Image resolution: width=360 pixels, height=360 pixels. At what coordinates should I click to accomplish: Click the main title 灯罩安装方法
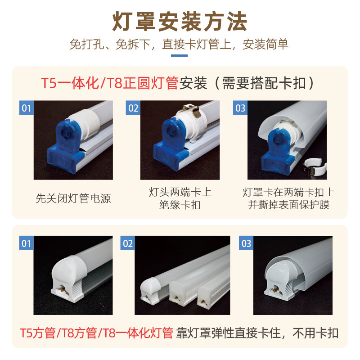click(x=180, y=21)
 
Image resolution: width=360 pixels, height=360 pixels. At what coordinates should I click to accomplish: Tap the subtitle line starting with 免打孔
click(x=180, y=45)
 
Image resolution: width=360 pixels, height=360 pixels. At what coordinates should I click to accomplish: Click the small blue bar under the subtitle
click(x=180, y=56)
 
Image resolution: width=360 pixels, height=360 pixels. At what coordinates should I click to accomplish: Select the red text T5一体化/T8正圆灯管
click(x=110, y=83)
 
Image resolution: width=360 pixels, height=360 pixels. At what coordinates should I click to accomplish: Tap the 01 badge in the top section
click(x=27, y=108)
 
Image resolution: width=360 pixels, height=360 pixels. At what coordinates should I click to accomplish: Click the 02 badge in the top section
click(x=133, y=108)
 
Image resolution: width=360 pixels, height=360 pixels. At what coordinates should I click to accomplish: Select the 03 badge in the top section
click(x=240, y=108)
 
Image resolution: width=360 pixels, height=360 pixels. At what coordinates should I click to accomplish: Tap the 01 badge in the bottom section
click(x=27, y=243)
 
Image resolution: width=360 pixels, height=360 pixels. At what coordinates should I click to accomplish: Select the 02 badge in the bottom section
click(x=128, y=243)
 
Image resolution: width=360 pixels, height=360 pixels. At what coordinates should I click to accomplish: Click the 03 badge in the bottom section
click(x=247, y=243)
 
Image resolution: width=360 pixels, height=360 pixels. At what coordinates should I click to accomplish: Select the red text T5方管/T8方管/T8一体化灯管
click(x=96, y=333)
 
